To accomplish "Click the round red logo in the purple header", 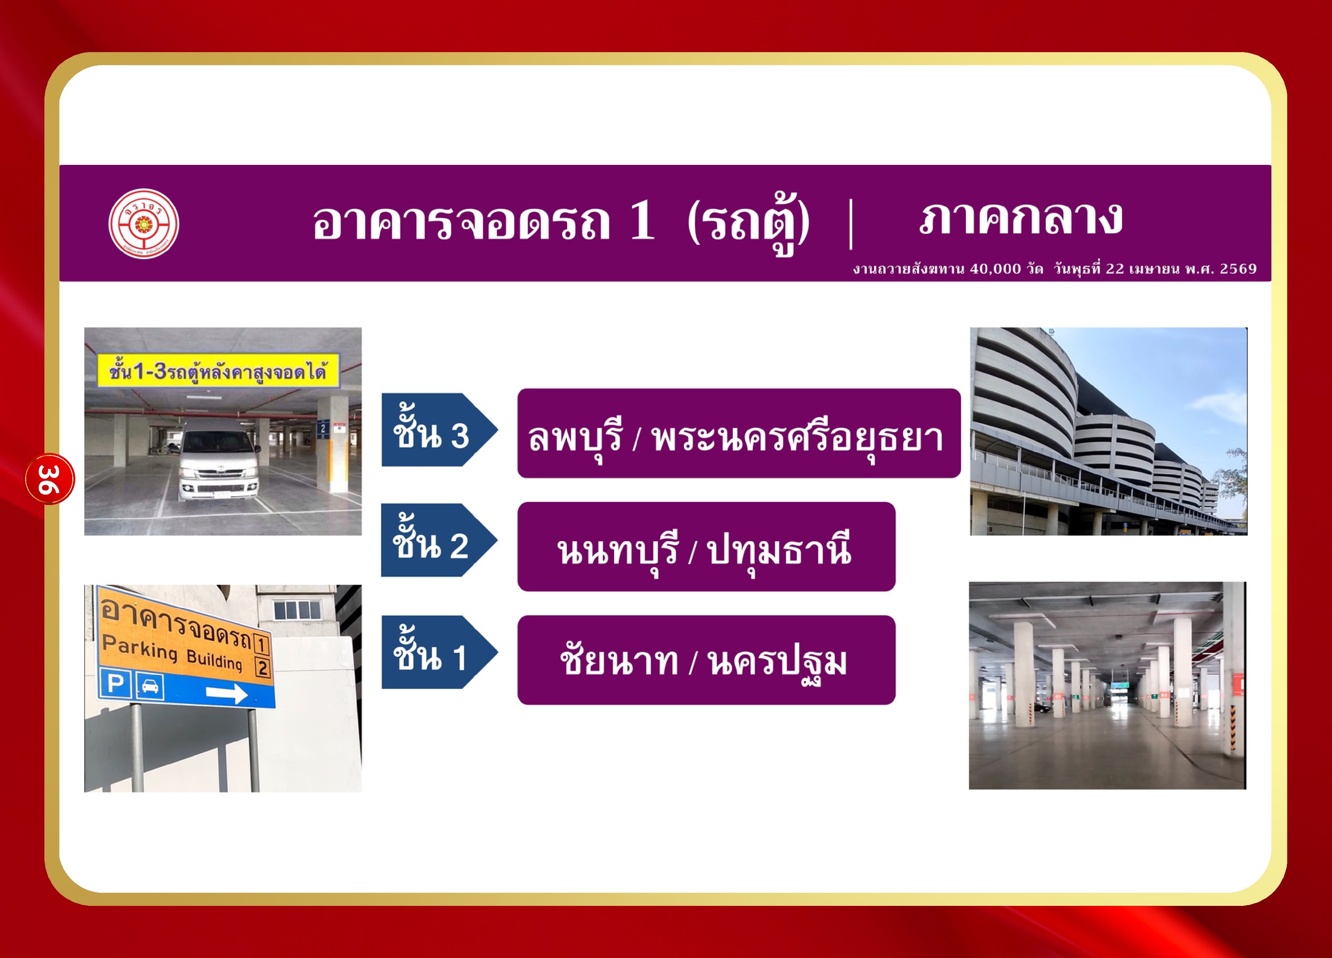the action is click(x=144, y=223).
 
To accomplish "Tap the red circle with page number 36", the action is click(x=50, y=479).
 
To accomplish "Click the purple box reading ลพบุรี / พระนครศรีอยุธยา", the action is click(x=739, y=434).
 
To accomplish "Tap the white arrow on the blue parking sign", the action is click(x=227, y=693).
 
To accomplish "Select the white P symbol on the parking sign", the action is click(x=116, y=684).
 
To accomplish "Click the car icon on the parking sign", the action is click(x=150, y=687).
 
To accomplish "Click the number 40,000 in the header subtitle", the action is click(x=995, y=269).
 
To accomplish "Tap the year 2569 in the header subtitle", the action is click(x=1238, y=269).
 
